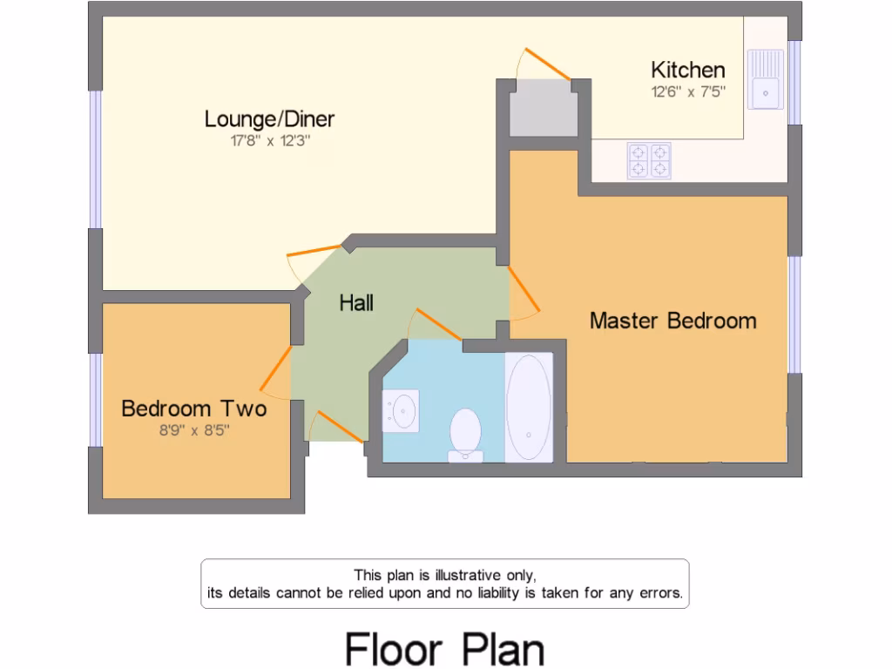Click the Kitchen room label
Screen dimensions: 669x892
point(687,70)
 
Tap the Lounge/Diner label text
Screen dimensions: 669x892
point(269,118)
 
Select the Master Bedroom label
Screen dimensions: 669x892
point(672,321)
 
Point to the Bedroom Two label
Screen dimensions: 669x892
point(193,408)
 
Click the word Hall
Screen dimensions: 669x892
point(356,303)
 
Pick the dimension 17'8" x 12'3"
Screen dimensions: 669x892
point(269,140)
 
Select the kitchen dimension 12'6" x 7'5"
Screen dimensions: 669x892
point(687,91)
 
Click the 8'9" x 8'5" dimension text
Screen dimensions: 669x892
point(193,429)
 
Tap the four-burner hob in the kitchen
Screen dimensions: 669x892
point(649,160)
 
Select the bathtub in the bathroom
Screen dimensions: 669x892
point(529,407)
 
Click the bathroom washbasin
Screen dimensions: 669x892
point(402,409)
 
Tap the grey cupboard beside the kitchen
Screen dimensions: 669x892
point(544,108)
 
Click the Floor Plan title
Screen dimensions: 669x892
point(444,649)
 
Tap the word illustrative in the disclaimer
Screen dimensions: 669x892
point(463,575)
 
